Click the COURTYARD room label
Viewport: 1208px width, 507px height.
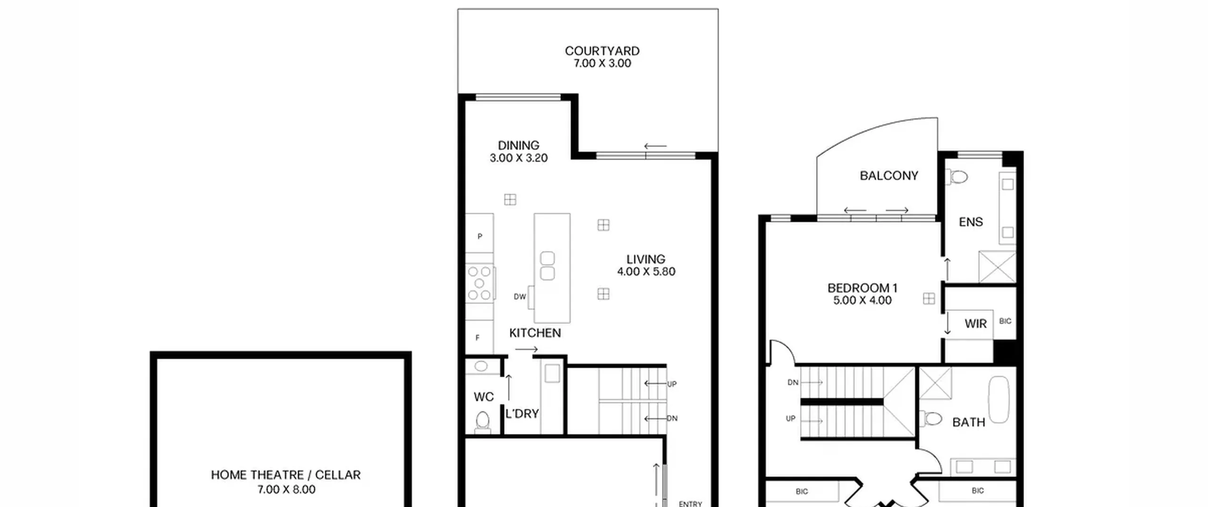coord(602,51)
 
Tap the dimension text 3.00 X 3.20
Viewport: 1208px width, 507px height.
coord(519,158)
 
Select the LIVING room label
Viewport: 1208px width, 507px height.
coord(646,259)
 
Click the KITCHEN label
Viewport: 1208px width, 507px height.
coord(535,333)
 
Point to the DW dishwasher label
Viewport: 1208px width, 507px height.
coord(520,297)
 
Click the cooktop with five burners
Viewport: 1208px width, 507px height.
coord(480,283)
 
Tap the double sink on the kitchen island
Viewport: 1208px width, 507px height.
coord(547,266)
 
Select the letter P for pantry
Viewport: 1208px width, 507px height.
coord(480,236)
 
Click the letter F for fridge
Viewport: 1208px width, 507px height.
coord(478,338)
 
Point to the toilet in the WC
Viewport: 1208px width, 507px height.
coord(482,421)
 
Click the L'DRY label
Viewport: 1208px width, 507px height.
coord(522,414)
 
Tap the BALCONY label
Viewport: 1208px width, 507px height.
coord(889,176)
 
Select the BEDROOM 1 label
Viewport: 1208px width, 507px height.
coord(863,288)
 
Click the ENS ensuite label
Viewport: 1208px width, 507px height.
coord(971,222)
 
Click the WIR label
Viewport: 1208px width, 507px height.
coord(975,324)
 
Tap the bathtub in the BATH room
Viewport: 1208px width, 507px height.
coord(998,399)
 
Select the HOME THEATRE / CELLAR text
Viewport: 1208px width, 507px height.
coord(285,475)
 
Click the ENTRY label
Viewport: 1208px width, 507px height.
coord(690,504)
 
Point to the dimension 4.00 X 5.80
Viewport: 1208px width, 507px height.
coord(646,272)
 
